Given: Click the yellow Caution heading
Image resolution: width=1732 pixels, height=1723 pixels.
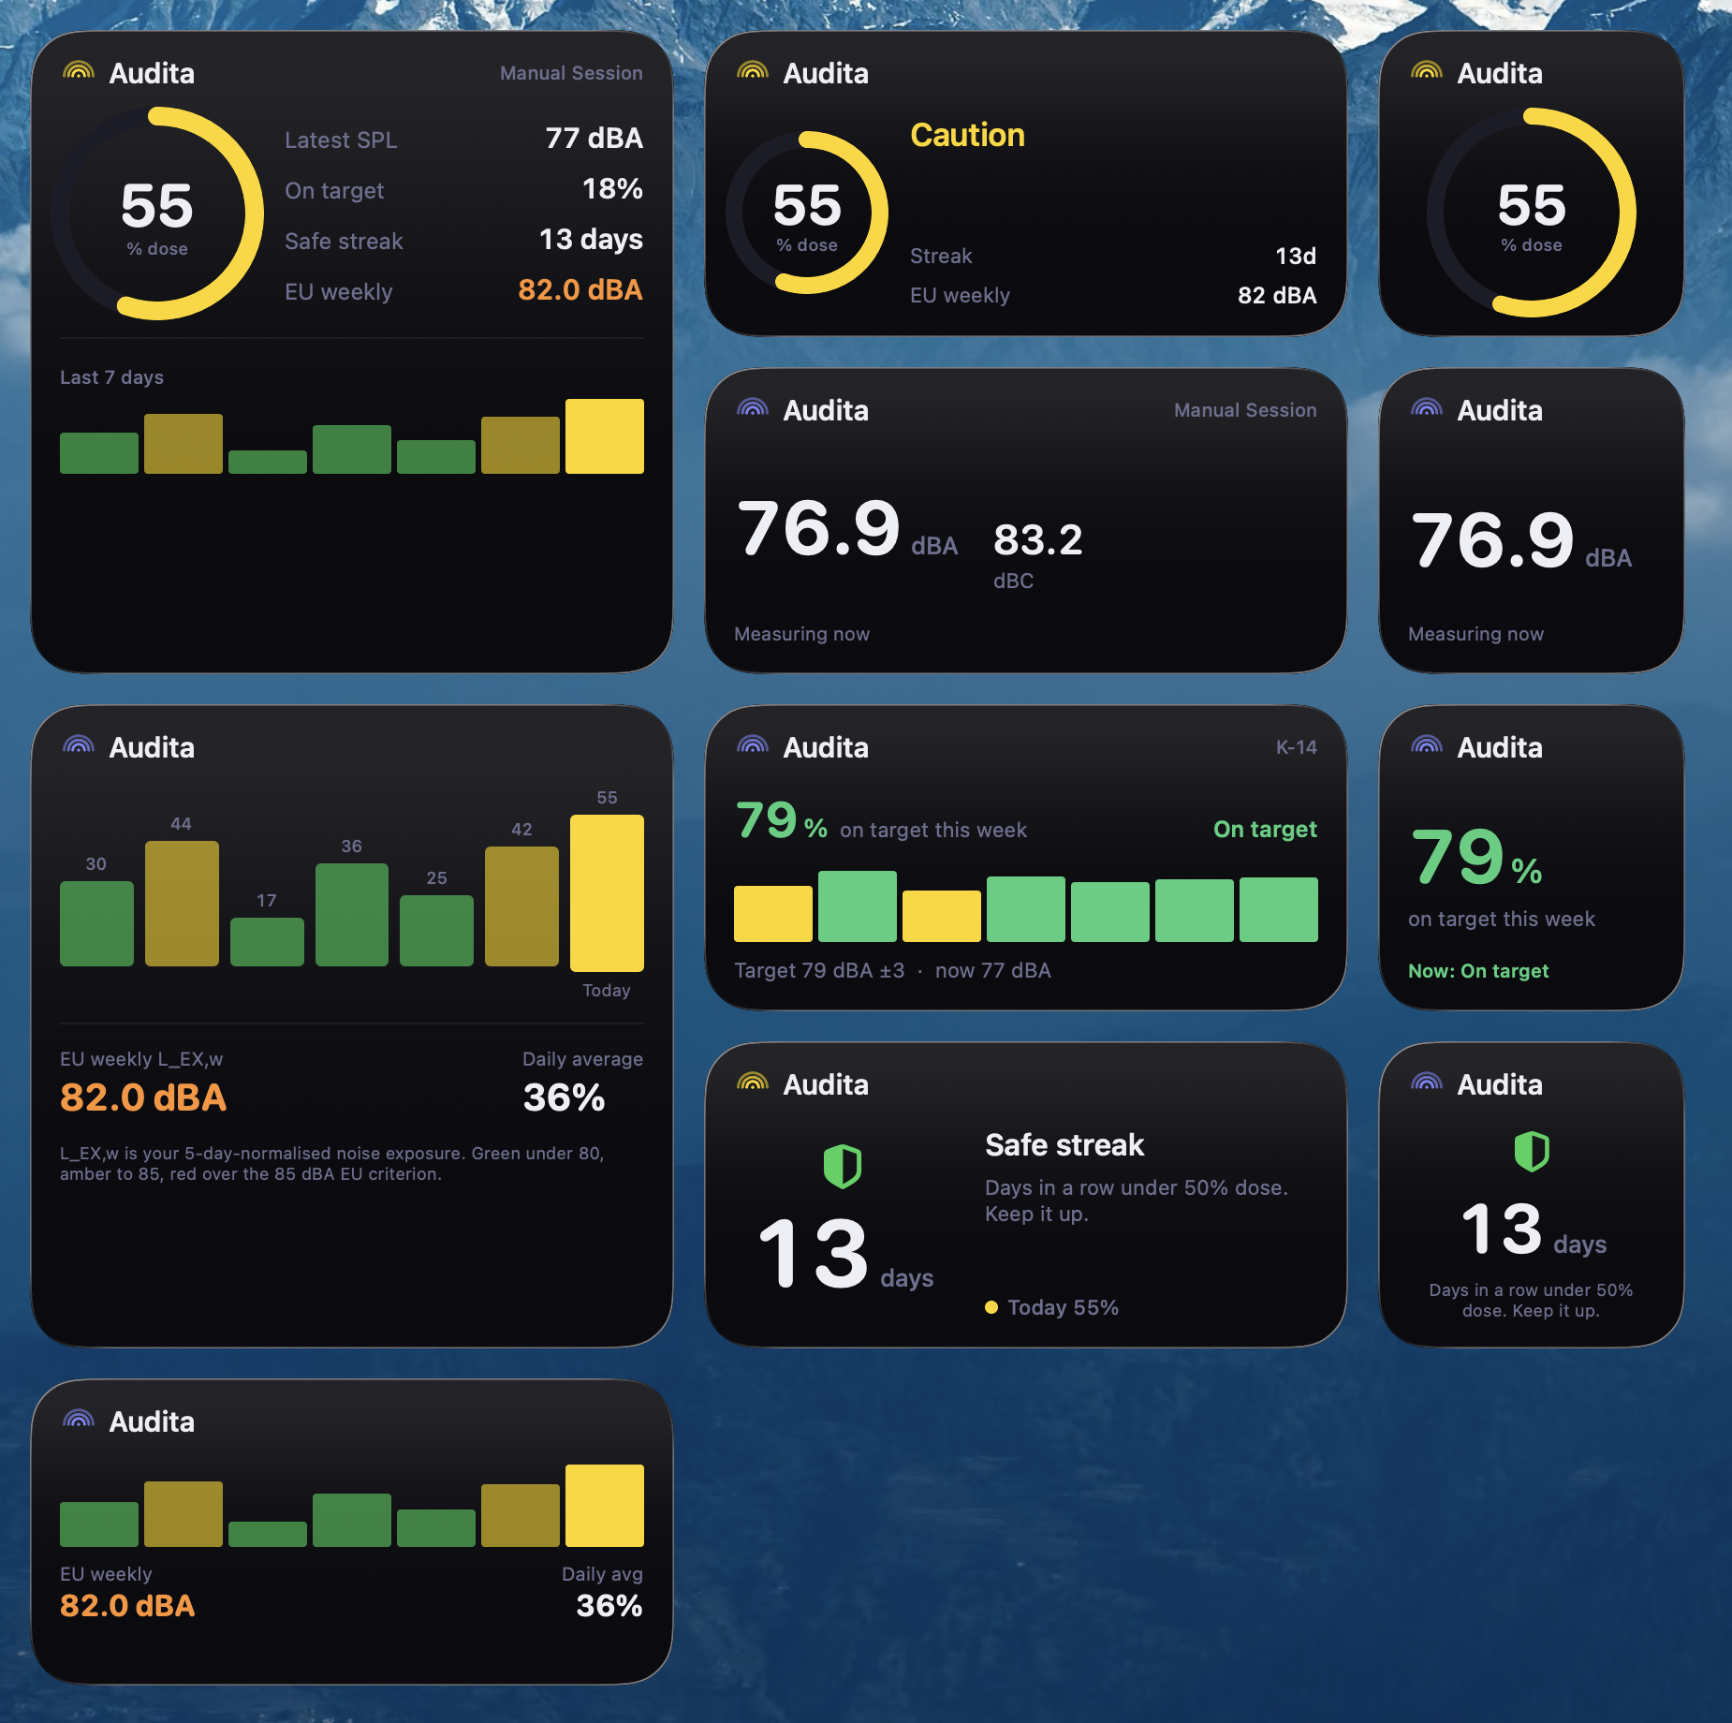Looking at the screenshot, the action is [967, 135].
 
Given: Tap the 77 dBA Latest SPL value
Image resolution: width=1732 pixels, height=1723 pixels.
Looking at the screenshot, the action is [594, 139].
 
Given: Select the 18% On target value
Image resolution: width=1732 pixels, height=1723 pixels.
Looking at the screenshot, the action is [612, 189].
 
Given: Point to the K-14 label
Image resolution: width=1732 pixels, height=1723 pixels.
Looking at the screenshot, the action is [1296, 747].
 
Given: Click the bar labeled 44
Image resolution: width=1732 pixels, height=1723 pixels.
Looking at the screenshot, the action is [182, 903].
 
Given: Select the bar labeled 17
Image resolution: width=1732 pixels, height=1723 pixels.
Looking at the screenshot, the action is [267, 941].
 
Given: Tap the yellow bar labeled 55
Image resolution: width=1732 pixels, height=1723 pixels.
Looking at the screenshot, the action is [607, 892].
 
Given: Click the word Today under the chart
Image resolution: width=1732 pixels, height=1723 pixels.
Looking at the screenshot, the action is [607, 991].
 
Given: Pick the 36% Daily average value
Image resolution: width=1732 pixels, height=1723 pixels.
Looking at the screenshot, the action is [564, 1097].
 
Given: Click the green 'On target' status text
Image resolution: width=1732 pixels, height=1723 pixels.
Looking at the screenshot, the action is [1265, 830].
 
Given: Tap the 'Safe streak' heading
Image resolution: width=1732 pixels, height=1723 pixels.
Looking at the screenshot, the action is [1064, 1145].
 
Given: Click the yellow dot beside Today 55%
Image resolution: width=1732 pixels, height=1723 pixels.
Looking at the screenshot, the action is [991, 1307].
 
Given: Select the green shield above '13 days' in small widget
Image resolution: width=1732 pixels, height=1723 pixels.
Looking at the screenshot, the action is [1532, 1151].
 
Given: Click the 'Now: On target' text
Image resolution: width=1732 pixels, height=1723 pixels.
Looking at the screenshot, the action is [1478, 971].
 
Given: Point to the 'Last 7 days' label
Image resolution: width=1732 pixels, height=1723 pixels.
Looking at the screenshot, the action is [111, 377].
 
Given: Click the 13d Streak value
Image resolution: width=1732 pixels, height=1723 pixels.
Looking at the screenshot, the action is [1296, 257].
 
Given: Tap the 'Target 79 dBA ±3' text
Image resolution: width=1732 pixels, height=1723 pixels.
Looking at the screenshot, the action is [819, 970].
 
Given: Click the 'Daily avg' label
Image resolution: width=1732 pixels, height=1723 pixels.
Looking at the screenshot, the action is [602, 1574].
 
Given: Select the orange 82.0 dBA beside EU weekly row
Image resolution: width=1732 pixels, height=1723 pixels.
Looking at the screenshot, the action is [580, 290].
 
